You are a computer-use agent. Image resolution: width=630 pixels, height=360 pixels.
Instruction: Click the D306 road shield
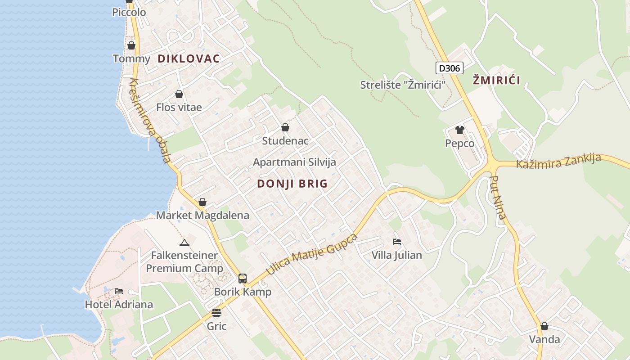pos(450,68)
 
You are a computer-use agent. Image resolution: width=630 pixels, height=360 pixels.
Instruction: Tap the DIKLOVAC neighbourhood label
pos(189,58)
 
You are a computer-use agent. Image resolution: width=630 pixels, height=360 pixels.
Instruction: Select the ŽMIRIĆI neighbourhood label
pos(496,81)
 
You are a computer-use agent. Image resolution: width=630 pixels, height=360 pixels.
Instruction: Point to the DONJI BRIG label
pos(292,184)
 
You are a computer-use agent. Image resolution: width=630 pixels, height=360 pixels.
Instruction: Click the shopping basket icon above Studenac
pos(285,128)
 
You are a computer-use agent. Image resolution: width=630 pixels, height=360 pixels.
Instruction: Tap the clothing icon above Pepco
pos(459,130)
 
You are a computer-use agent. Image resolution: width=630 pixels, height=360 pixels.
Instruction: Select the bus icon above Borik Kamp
pos(243,279)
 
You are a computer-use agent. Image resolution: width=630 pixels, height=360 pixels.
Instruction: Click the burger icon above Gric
pos(216,313)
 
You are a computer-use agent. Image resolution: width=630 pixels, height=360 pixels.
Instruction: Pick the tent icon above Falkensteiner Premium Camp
pos(184,243)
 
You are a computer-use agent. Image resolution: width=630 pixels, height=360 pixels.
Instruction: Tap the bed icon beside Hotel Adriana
pos(119,291)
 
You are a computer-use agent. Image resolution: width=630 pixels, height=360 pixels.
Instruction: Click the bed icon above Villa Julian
pos(396,242)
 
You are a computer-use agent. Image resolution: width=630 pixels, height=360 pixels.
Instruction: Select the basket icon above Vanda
pos(544,326)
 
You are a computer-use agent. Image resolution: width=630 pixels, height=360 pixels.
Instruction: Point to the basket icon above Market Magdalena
pos(202,202)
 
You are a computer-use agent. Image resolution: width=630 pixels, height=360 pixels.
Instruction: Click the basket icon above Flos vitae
pos(179,94)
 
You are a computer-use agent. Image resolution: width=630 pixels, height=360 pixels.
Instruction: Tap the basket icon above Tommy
pos(131,45)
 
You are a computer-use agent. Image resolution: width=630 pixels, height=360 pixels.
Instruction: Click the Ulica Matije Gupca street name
pos(311,254)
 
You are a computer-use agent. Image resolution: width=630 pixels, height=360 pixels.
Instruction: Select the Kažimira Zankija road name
pos(558,161)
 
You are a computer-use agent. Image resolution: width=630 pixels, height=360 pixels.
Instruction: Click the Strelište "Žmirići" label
pos(400,85)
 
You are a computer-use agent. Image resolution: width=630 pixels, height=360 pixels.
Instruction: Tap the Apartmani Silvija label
pos(294,162)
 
